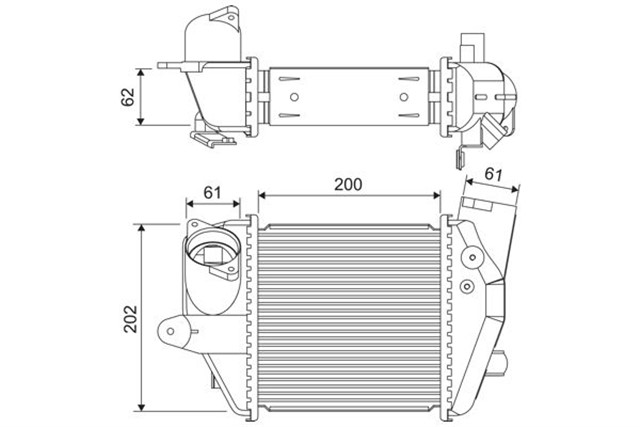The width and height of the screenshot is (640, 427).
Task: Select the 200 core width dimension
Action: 347,184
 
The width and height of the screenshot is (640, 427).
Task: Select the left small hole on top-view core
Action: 295,97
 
